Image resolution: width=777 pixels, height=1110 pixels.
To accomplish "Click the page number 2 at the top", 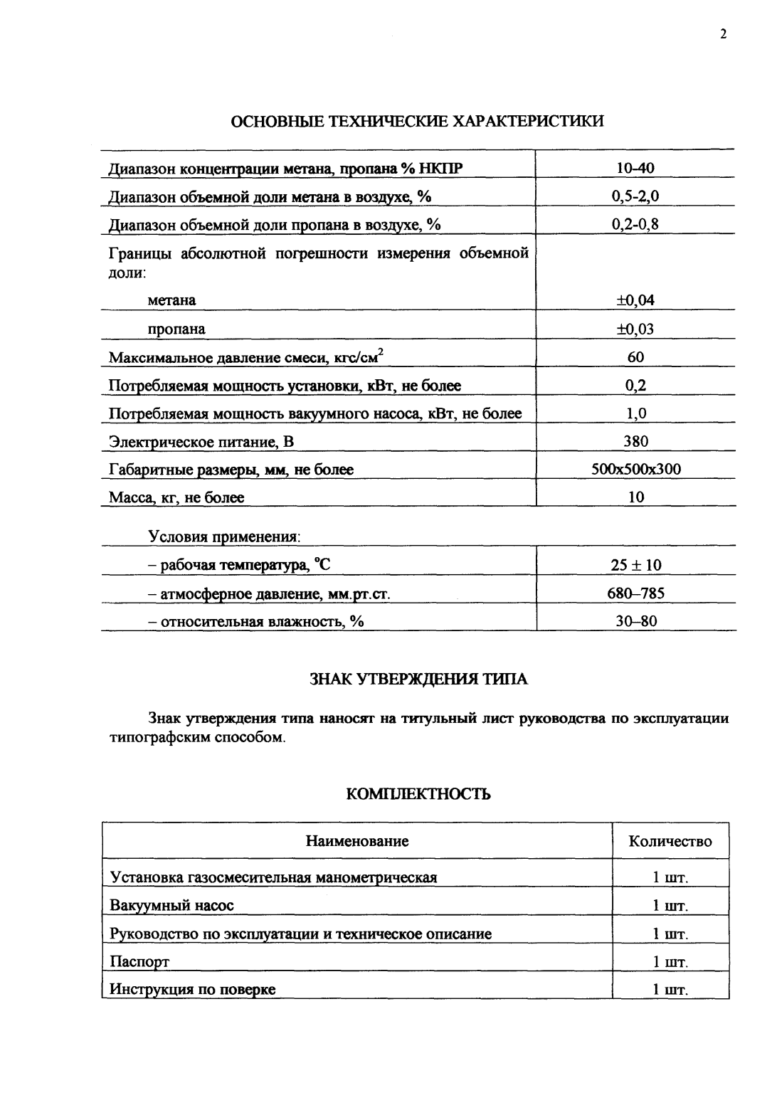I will (x=723, y=35).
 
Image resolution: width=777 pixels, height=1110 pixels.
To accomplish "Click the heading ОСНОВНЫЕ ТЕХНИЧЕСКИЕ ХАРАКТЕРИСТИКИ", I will (x=418, y=121).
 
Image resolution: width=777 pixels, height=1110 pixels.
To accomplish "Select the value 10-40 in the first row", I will (x=635, y=169).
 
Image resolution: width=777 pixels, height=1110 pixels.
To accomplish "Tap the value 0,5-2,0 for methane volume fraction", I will (x=635, y=197).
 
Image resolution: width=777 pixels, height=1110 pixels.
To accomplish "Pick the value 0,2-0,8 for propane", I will (x=635, y=225).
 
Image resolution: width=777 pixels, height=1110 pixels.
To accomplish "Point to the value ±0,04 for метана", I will (x=635, y=300).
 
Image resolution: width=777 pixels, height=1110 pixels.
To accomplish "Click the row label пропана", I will (x=176, y=329).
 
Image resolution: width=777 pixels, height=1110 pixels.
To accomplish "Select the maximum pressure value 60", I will (x=635, y=357).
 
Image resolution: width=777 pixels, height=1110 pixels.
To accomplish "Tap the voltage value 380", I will (x=635, y=441).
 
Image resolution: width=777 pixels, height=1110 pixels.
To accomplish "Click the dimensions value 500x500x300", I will (x=636, y=470).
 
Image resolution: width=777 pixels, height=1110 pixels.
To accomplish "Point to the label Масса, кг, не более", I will (x=176, y=498).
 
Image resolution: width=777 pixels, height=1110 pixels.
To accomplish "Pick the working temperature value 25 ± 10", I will (x=636, y=566).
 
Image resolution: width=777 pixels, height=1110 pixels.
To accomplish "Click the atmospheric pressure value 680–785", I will (x=636, y=593).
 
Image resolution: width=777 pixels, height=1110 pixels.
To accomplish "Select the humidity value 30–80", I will (x=636, y=622).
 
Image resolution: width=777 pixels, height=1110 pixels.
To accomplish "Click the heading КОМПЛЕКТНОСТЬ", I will (x=418, y=794).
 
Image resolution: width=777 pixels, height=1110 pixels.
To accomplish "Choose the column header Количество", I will (x=670, y=842).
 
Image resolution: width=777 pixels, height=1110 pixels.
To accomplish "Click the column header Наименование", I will (x=357, y=842).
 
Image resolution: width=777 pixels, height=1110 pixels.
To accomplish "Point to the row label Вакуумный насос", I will (x=171, y=906).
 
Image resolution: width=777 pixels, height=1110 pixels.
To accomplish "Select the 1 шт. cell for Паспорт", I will (x=670, y=963).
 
